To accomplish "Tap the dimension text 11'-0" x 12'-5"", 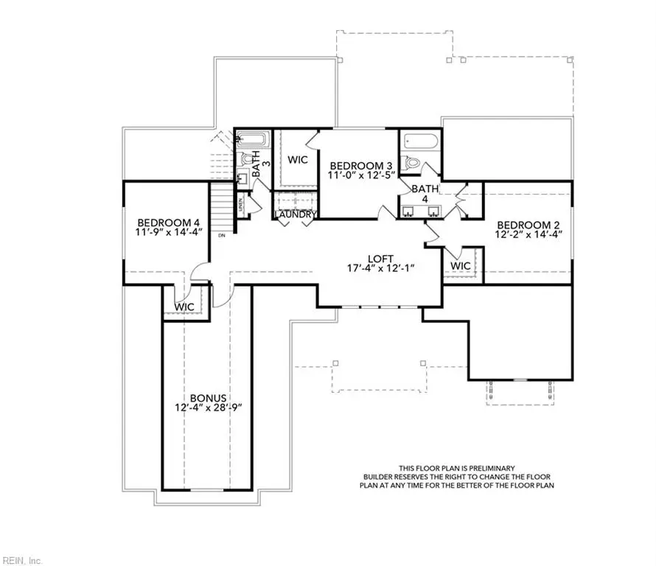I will pyautogui.click(x=362, y=175).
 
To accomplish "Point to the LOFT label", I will pyautogui.click(x=382, y=258).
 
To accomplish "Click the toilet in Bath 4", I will pyautogui.click(x=414, y=163).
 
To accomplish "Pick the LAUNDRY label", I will pyautogui.click(x=296, y=214).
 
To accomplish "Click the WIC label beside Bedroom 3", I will pyautogui.click(x=297, y=159).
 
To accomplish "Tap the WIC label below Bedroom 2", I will pyautogui.click(x=460, y=265).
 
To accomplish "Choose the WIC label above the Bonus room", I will pyautogui.click(x=184, y=306).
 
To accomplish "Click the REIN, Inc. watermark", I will pyautogui.click(x=23, y=559).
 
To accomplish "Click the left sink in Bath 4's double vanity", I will pyautogui.click(x=410, y=210).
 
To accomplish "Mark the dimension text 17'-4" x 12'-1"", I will pyautogui.click(x=382, y=268).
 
